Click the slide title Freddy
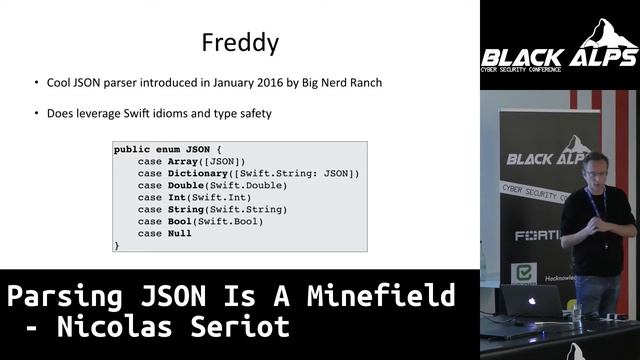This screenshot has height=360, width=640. coord(240,44)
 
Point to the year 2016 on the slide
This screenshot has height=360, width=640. coord(259,83)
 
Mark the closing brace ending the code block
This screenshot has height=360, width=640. coord(117,245)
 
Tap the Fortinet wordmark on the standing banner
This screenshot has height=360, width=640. coord(536,236)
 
